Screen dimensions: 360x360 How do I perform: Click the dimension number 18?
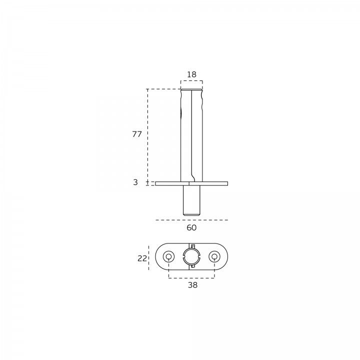[191, 74]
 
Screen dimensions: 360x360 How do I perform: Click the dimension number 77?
[137, 134]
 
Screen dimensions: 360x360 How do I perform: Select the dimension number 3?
[135, 182]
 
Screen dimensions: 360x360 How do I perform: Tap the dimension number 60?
[191, 228]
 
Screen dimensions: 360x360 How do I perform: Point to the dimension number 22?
[142, 258]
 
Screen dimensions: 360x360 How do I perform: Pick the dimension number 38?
[192, 285]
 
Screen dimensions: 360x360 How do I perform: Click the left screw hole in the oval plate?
[169, 256]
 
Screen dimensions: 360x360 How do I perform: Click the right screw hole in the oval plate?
[214, 256]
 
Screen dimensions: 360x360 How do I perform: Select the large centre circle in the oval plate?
[191, 256]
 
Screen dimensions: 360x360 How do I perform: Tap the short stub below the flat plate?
[191, 200]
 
